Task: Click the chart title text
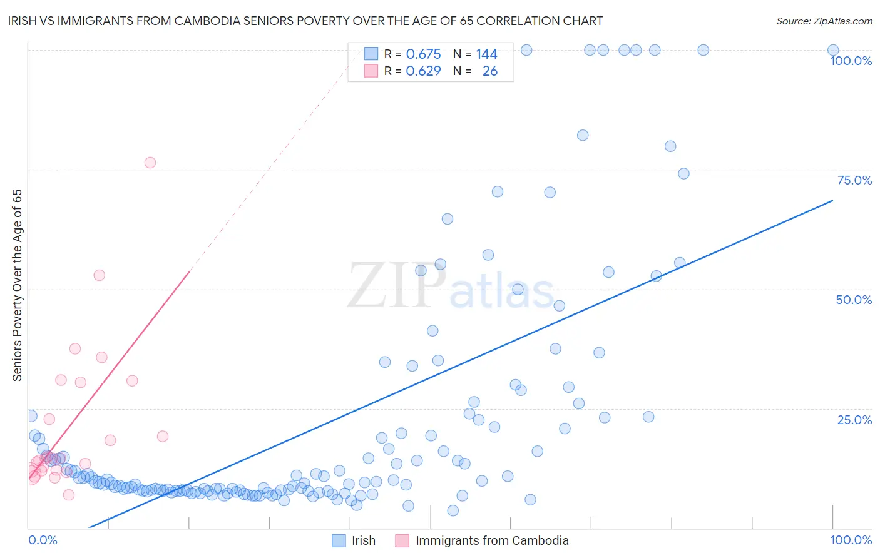tap(305, 21)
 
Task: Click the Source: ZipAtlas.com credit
tap(824, 21)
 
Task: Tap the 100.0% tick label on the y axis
tap(851, 61)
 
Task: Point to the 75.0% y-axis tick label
tap(854, 180)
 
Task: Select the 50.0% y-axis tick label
tap(854, 300)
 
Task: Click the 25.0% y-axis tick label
tap(854, 420)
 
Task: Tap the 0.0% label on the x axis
tap(43, 540)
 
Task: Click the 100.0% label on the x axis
tap(851, 540)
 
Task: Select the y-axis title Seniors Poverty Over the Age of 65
tap(18, 285)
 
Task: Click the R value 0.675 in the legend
tap(423, 54)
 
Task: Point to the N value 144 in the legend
tap(486, 54)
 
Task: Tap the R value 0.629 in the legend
tap(423, 71)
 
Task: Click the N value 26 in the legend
tap(489, 71)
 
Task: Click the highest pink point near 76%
tap(150, 163)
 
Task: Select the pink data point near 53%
tap(99, 275)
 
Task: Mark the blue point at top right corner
tap(833, 50)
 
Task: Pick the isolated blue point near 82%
tap(583, 135)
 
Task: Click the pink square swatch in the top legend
tap(371, 71)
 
